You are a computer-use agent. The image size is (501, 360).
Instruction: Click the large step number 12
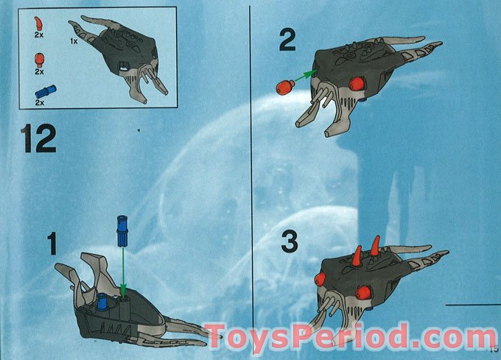[x=38, y=139]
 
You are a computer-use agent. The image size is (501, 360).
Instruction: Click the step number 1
[x=52, y=244]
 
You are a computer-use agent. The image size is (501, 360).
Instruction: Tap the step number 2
[x=287, y=40]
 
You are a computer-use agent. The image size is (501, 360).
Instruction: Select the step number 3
[x=290, y=241]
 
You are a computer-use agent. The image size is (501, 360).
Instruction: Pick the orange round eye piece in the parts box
[x=40, y=60]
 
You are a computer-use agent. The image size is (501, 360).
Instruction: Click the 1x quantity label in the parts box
[x=74, y=41]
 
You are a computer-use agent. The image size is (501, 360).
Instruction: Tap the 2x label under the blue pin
[x=40, y=103]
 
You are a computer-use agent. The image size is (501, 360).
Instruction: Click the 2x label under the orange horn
[x=39, y=35]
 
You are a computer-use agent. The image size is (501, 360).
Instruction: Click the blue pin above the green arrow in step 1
[x=122, y=231]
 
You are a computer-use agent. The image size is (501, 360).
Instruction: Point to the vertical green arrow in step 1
[x=123, y=271]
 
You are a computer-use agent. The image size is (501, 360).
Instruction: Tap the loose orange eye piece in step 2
[x=284, y=87]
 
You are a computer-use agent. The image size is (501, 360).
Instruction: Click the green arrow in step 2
[x=303, y=77]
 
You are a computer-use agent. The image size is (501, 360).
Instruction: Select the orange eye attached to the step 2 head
[x=356, y=83]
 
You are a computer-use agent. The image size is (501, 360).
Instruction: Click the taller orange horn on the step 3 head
[x=374, y=246]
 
